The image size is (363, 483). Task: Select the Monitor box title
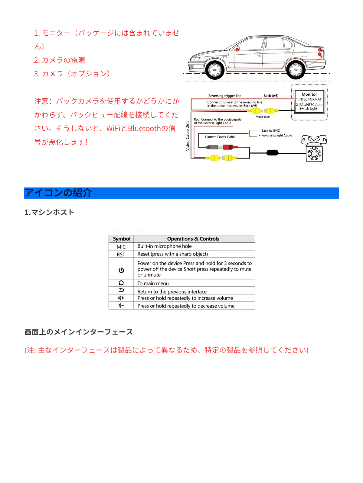309,94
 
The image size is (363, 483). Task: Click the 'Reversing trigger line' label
225,96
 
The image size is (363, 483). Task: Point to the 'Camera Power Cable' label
220,137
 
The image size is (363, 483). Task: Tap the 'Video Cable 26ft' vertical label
188,136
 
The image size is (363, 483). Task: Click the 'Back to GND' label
270,130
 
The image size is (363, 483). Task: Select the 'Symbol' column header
121,239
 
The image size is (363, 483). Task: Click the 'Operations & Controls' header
193,239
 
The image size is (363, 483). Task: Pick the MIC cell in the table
121,247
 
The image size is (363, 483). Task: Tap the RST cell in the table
121,254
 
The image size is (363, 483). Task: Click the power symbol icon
121,270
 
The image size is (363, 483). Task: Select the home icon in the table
121,283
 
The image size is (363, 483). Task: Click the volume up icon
121,298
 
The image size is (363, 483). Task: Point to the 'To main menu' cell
153,283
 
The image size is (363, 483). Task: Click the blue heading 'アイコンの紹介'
58,193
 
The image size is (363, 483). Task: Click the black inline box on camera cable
272,152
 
